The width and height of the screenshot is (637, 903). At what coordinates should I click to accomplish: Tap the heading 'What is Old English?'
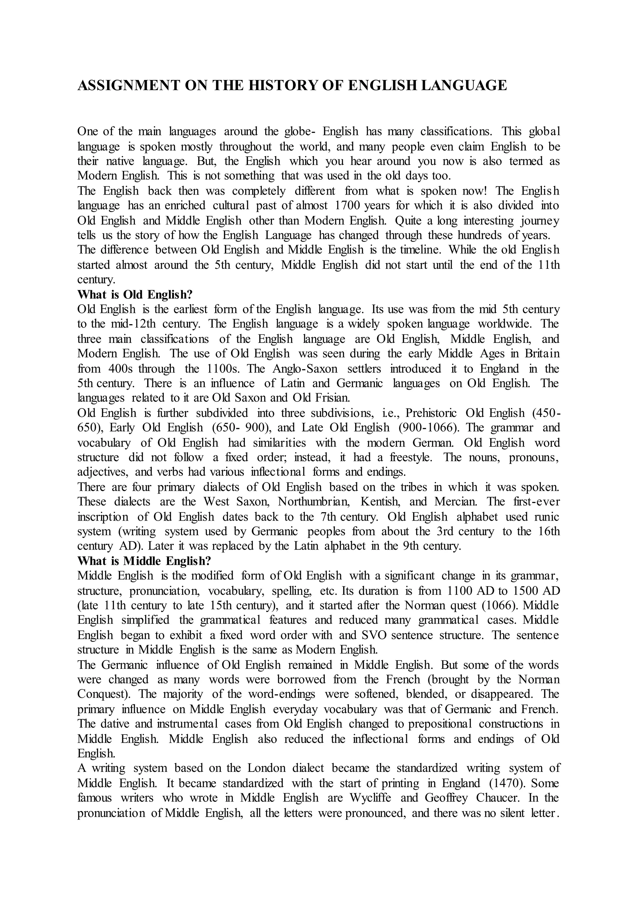pyautogui.click(x=135, y=295)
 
